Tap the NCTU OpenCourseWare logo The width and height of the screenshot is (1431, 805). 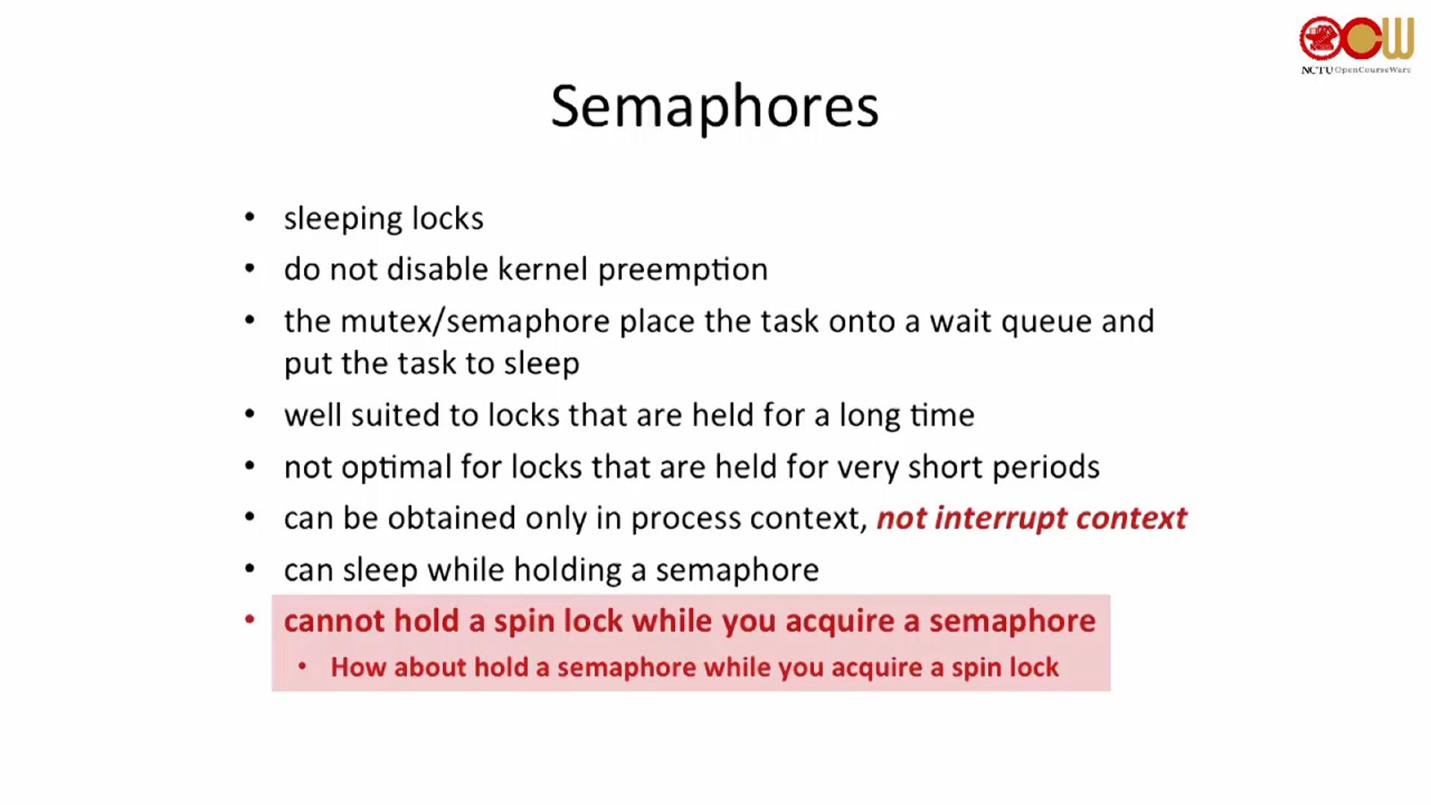[1356, 45]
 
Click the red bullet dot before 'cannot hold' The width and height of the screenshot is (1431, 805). [250, 619]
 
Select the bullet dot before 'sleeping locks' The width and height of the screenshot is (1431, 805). [250, 217]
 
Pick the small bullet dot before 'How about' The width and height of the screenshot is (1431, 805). [302, 666]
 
